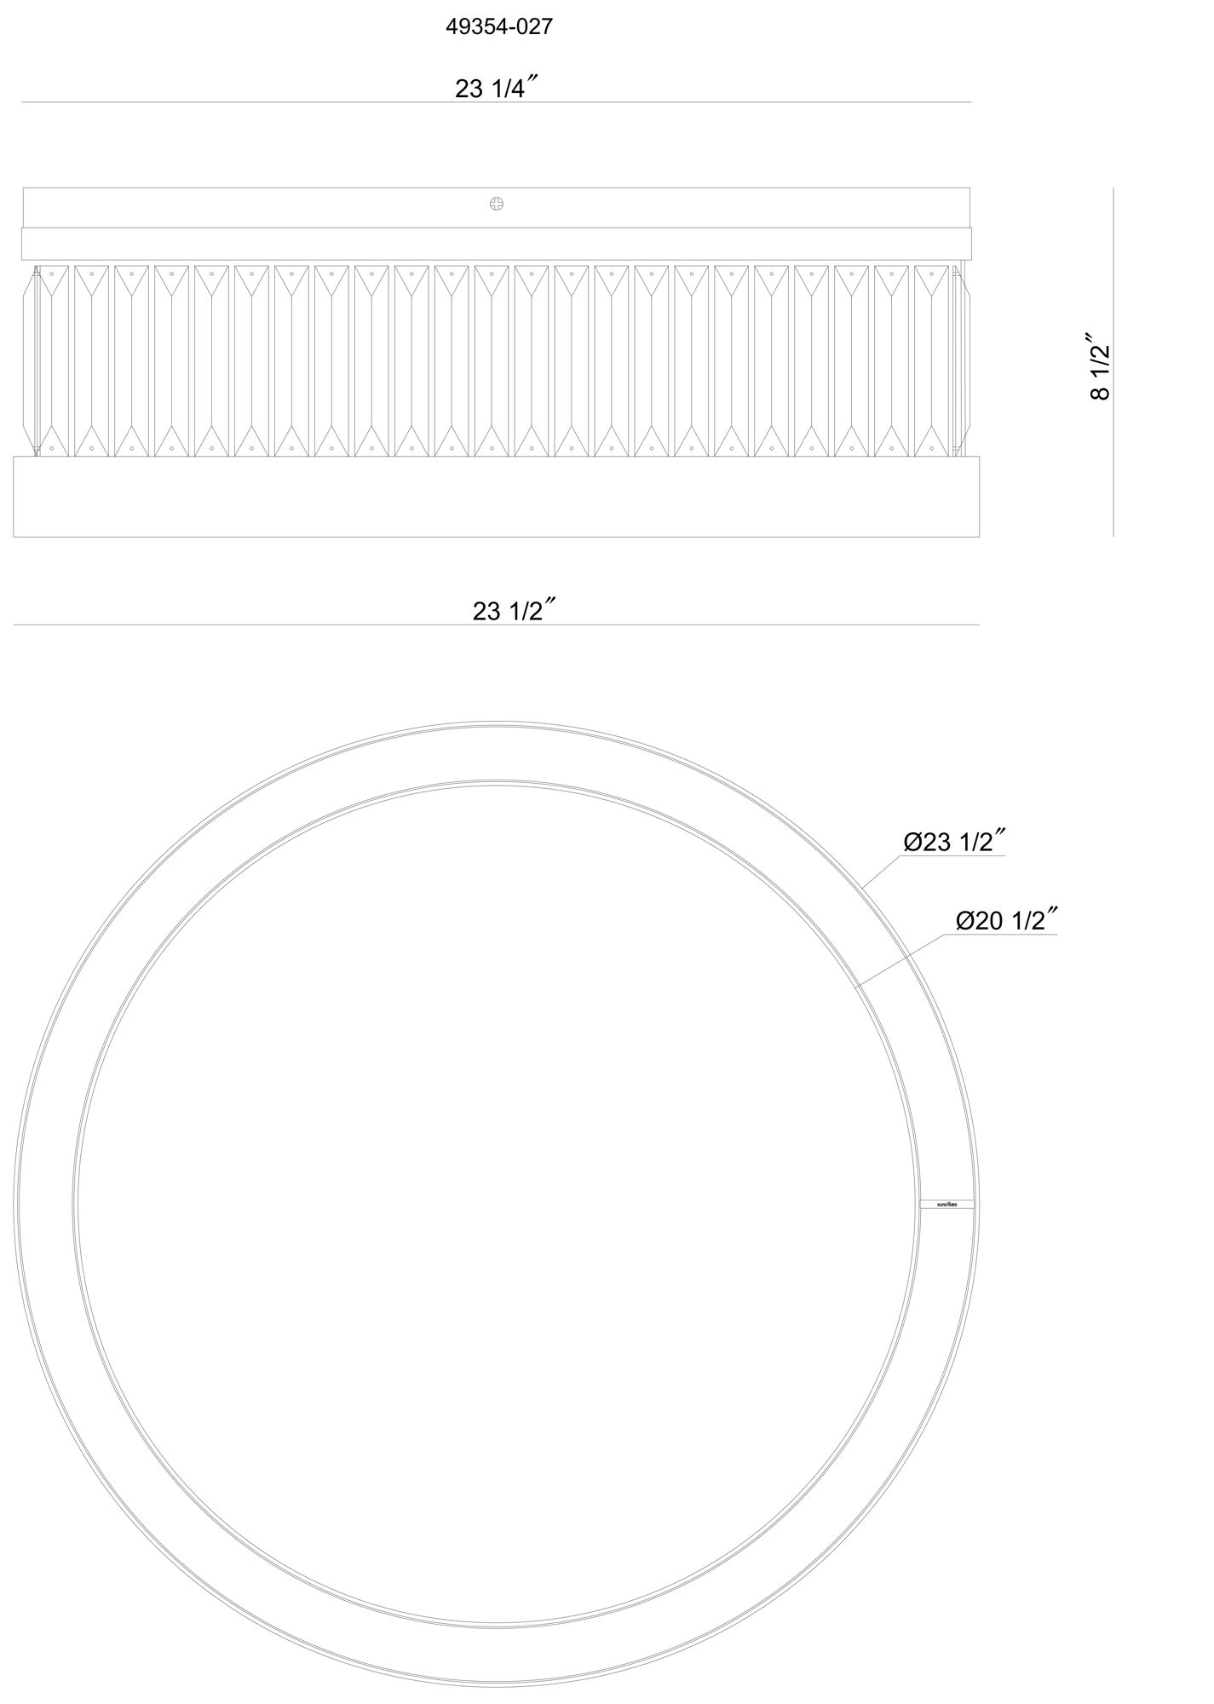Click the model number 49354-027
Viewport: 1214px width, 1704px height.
499,27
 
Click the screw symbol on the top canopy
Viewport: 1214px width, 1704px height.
497,204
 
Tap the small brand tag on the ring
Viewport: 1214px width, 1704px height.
948,1205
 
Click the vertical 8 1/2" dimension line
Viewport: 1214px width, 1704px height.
1113,362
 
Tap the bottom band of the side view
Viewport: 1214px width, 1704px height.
497,497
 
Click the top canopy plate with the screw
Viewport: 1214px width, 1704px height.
341,207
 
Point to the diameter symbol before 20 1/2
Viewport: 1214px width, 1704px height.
964,921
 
